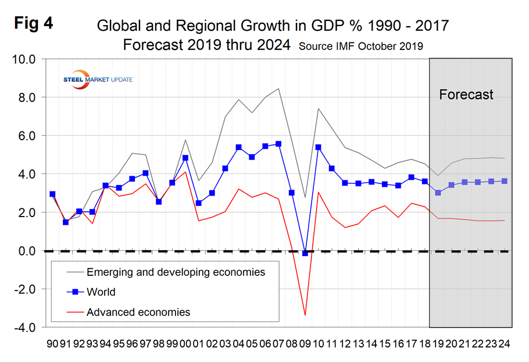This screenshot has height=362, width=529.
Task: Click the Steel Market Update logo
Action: [96, 79]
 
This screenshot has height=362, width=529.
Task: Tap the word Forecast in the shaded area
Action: [466, 94]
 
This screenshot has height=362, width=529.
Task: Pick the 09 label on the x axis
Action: [305, 343]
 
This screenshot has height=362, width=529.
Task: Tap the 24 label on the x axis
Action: [504, 343]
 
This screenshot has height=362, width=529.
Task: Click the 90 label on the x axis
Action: [53, 343]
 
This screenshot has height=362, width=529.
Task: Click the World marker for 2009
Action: [305, 253]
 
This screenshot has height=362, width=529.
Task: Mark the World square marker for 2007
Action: [278, 144]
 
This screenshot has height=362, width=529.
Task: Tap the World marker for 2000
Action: [185, 158]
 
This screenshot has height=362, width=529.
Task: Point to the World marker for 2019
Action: [438, 193]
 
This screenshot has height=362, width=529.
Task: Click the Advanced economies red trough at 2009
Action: [305, 315]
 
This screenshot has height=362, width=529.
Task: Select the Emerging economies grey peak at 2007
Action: [278, 88]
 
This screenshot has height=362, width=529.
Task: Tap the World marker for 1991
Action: [66, 222]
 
